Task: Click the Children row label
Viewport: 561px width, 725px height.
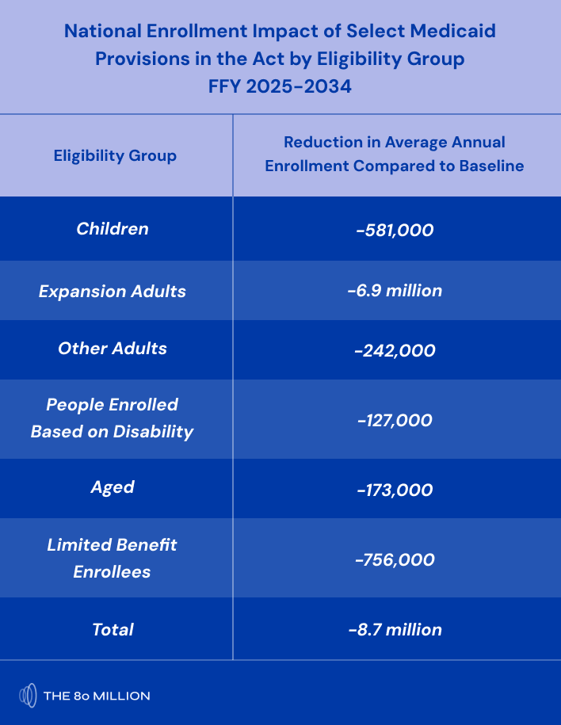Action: (113, 229)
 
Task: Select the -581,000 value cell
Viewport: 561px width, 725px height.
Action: (395, 231)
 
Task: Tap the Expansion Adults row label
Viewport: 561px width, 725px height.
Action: (113, 291)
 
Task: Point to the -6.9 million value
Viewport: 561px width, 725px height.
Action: (395, 291)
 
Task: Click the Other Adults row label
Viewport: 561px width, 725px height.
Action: (113, 349)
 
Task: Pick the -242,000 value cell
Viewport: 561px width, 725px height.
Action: (395, 350)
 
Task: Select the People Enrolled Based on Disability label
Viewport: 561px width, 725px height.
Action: (113, 418)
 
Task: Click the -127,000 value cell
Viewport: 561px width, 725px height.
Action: (395, 420)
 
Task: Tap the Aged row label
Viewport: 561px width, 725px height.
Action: (113, 487)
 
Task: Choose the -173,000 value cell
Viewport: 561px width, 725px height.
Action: (395, 490)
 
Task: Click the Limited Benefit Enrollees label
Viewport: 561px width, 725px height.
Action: (113, 558)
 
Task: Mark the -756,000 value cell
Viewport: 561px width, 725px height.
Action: (395, 559)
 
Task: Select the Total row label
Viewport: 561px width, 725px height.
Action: (113, 629)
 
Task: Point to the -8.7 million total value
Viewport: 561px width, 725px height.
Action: (395, 630)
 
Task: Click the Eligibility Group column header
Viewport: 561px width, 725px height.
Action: (115, 155)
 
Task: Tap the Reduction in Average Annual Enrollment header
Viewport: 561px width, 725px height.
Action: (395, 154)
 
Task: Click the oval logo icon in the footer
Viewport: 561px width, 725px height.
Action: (28, 696)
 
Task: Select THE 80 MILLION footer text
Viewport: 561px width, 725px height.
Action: (97, 696)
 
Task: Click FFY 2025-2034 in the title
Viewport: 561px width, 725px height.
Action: (280, 86)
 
